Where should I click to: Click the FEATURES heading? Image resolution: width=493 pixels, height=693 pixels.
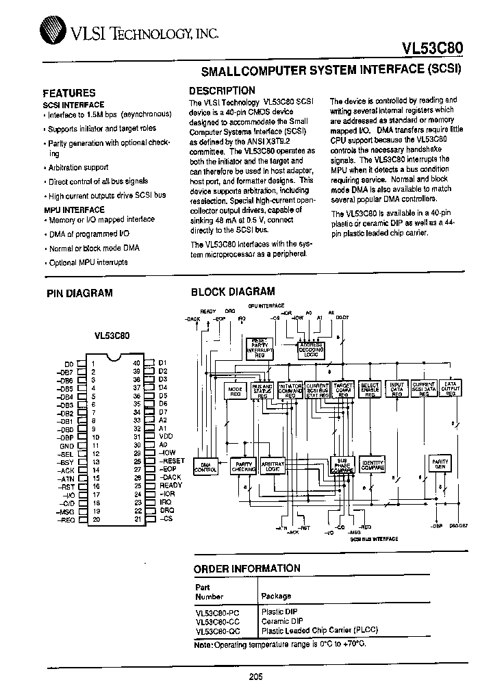point(69,92)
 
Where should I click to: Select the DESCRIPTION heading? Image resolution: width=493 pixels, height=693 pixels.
point(222,90)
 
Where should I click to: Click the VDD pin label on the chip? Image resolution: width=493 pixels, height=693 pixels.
point(166,436)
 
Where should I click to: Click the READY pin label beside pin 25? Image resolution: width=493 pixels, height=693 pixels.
point(171,486)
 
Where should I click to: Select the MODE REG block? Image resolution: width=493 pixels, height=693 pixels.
point(235,390)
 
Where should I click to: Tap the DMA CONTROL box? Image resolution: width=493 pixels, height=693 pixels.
point(205,467)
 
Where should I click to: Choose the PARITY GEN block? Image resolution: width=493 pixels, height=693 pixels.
point(440,465)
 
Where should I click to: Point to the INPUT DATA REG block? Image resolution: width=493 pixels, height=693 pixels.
point(396,390)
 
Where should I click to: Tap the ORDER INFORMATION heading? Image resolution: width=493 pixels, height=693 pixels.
point(246,568)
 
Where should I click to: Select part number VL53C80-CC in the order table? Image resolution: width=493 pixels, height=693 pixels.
point(217,621)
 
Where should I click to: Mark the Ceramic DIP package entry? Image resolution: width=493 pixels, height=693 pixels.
point(281,621)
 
